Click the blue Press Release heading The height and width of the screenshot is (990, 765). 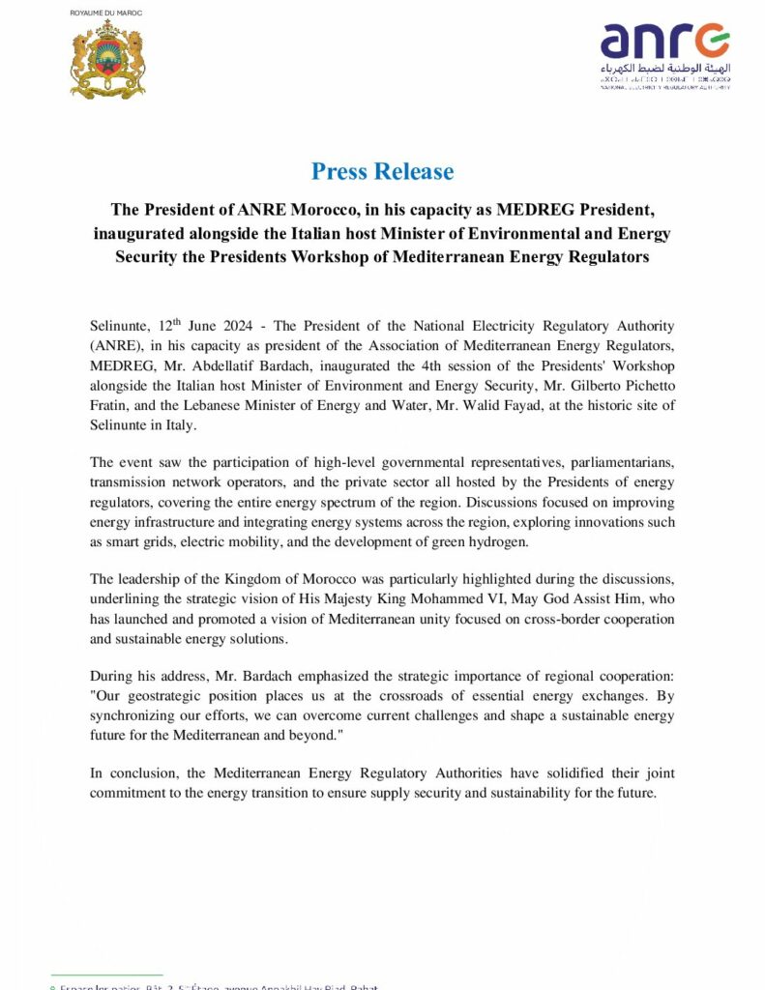tap(382, 172)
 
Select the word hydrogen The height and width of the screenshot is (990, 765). tap(500, 542)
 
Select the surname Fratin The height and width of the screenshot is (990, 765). tap(110, 407)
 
